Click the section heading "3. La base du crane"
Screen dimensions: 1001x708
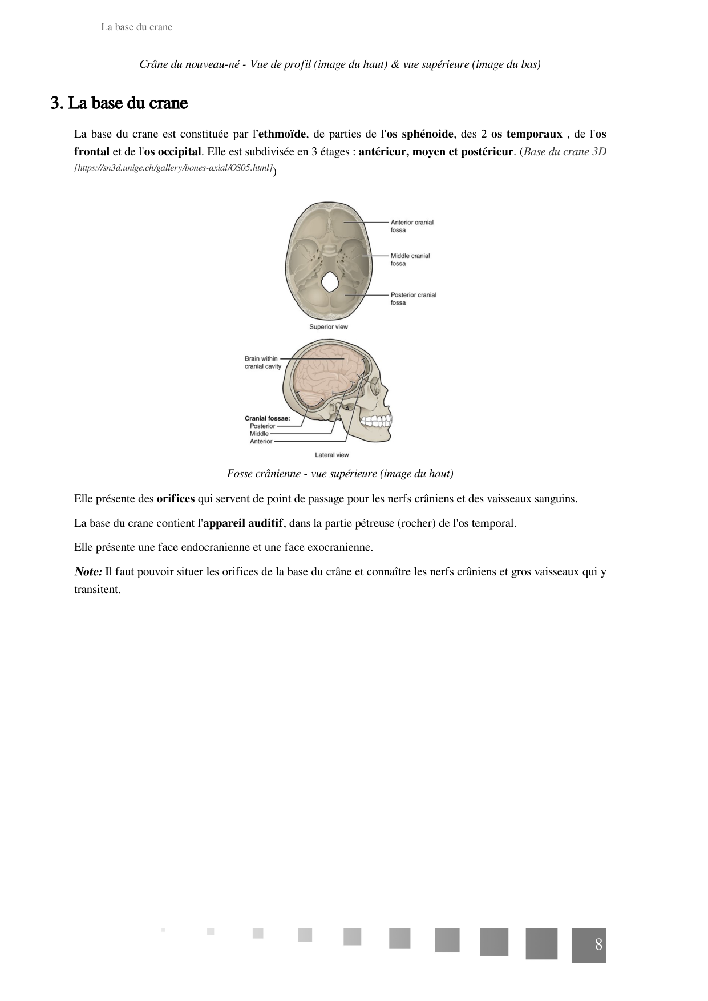[x=119, y=103]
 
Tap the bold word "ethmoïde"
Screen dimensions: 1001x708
[x=282, y=134]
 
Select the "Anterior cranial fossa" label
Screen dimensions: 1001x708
[x=412, y=226]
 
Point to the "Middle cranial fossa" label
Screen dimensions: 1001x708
[x=410, y=260]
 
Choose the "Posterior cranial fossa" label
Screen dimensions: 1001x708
[x=413, y=298]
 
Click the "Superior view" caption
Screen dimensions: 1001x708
[x=328, y=327]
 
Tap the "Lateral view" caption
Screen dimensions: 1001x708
[x=331, y=455]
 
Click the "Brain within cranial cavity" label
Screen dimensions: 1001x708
[x=262, y=362]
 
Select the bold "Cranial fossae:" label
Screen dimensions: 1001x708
[x=267, y=418]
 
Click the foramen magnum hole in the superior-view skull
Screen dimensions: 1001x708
[x=330, y=282]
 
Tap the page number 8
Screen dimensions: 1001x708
[x=598, y=945]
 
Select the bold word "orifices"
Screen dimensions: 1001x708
[x=175, y=499]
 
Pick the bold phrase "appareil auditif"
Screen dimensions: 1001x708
[x=243, y=523]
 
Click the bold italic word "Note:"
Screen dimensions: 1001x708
[x=88, y=572]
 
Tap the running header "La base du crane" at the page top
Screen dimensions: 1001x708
[x=136, y=27]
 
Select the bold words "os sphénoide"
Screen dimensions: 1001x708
[x=420, y=134]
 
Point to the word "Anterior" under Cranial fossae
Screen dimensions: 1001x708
[x=261, y=442]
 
